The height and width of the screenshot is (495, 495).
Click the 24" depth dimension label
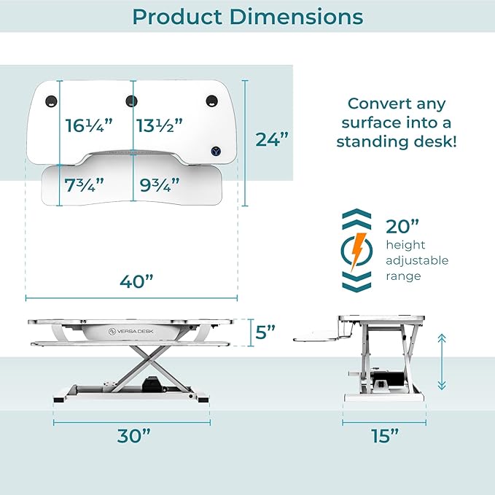(272, 139)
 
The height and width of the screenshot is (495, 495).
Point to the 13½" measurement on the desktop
(159, 125)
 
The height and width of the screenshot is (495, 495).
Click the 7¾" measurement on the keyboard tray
(85, 185)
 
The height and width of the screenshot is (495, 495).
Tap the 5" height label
(266, 332)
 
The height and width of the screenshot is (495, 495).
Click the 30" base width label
(133, 436)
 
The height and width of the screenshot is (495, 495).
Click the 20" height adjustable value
(401, 225)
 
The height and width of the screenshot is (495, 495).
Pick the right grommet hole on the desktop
(211, 100)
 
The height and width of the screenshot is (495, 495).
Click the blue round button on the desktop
(216, 151)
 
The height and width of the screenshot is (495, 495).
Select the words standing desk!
(397, 141)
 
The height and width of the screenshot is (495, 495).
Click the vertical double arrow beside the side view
(441, 362)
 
